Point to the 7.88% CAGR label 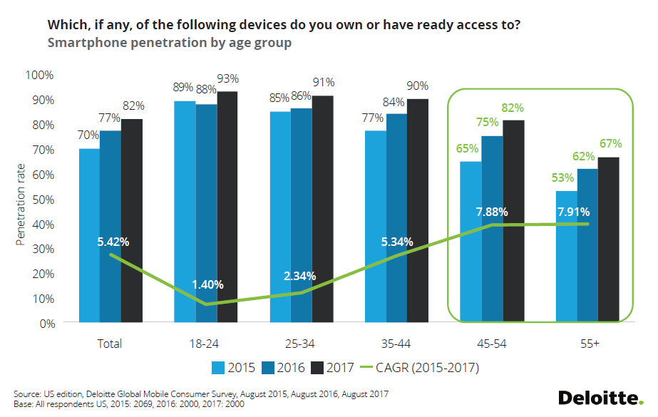(492, 211)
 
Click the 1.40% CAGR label (207, 284)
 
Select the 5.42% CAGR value (113, 242)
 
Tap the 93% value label (228, 79)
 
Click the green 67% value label (611, 144)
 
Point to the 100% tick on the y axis (39, 75)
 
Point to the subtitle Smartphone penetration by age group (169, 43)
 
